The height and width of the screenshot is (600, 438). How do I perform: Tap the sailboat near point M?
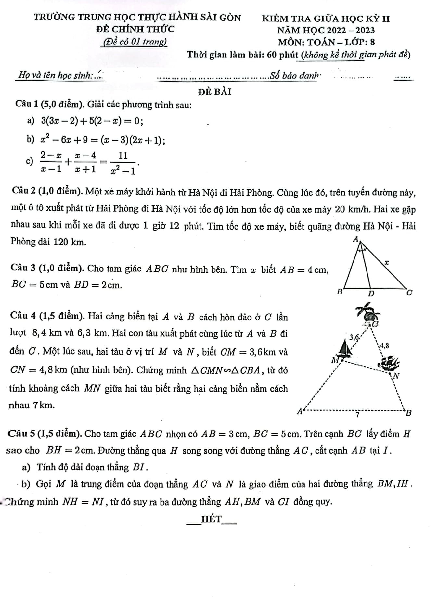(345, 348)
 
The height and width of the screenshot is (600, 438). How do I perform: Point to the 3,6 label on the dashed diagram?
(354, 337)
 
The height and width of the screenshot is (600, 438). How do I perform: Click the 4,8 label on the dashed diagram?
(384, 345)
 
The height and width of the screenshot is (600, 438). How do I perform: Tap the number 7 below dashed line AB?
(357, 415)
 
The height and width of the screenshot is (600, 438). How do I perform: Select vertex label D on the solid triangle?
(371, 294)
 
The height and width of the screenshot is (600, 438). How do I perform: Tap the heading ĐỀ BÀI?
(215, 92)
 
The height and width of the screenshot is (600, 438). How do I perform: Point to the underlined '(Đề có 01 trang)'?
(134, 42)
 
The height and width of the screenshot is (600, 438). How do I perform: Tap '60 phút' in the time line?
(280, 55)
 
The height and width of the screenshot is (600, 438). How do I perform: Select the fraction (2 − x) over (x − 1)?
(51, 162)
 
